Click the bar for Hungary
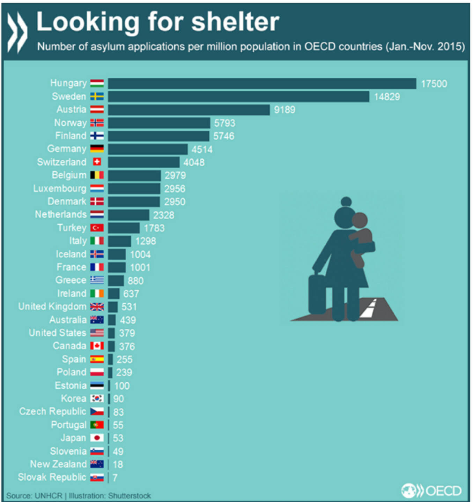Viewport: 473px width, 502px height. [x=262, y=84]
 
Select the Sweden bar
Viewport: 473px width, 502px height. [x=238, y=97]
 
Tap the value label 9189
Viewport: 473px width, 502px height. [x=284, y=110]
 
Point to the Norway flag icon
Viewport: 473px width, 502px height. [x=97, y=123]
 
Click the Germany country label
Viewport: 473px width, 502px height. [x=67, y=149]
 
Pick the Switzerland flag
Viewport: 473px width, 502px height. [x=97, y=162]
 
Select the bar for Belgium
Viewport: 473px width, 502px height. [x=134, y=175]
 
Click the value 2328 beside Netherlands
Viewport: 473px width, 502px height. [x=163, y=215]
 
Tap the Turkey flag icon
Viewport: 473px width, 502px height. [x=97, y=228]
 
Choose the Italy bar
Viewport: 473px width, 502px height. [x=119, y=241]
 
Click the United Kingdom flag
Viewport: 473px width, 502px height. [x=97, y=307]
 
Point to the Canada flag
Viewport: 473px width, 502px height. [x=97, y=346]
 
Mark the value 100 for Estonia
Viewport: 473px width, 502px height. [x=122, y=386]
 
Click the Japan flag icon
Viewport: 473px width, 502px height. [x=97, y=438]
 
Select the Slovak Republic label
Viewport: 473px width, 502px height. [x=52, y=477]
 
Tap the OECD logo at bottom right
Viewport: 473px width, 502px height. [x=431, y=491]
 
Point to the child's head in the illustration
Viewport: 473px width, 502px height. [x=360, y=220]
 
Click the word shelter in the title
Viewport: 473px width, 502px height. [x=235, y=22]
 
